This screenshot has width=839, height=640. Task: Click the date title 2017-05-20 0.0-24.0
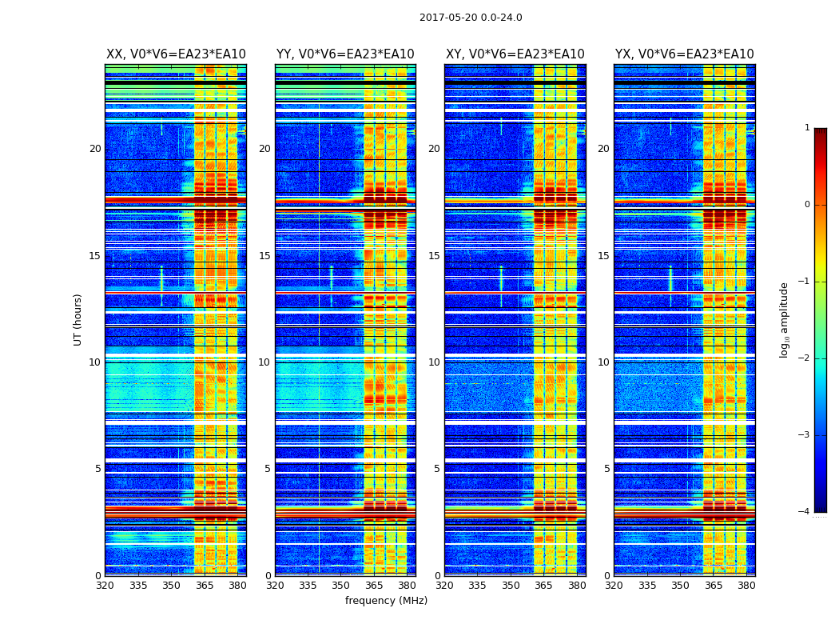471,18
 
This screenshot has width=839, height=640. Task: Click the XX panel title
176,54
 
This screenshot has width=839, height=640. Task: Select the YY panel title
345,54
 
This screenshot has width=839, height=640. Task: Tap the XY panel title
515,54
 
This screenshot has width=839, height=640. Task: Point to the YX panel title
685,54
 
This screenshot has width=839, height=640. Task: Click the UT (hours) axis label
78,319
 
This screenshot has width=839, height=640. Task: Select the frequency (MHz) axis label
386,601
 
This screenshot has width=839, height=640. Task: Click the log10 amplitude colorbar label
785,319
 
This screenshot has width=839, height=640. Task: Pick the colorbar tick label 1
806,128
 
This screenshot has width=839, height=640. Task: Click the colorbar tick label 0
806,205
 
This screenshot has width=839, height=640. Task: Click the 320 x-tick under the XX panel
105,586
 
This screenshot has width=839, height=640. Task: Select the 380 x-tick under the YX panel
746,586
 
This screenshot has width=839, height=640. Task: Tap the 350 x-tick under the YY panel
341,586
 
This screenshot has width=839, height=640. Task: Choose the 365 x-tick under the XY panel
544,586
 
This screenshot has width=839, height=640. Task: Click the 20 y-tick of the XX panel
95,149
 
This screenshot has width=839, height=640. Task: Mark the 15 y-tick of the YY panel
264,256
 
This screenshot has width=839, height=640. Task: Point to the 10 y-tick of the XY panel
434,362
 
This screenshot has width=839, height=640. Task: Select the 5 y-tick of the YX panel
607,469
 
